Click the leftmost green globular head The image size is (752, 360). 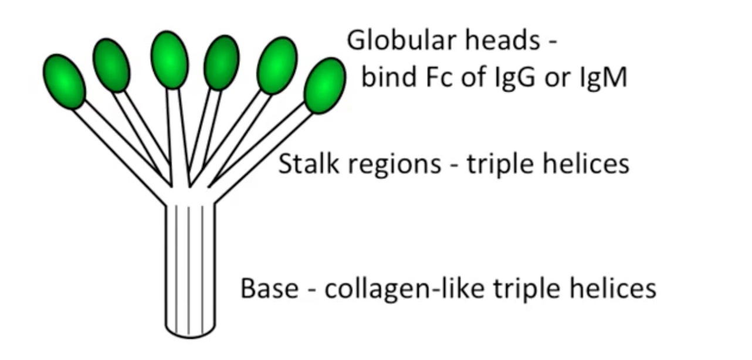click(x=64, y=81)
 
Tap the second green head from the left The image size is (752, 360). click(x=111, y=65)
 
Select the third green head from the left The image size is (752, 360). click(x=170, y=59)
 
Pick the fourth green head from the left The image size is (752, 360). click(x=222, y=63)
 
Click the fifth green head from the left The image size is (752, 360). click(x=277, y=65)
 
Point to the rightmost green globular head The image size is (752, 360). click(x=324, y=86)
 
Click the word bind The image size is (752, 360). click(x=384, y=78)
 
